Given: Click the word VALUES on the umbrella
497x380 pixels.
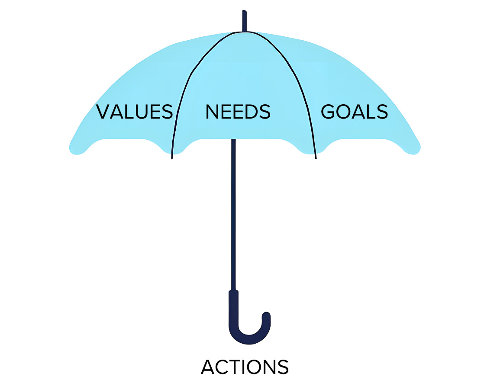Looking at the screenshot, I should click(x=134, y=112).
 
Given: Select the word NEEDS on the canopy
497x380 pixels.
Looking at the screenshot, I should click(x=238, y=112).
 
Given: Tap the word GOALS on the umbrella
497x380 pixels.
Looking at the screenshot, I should click(x=354, y=112).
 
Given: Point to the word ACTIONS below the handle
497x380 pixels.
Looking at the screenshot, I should click(x=245, y=367).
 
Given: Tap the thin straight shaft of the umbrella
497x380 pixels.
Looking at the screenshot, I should click(x=234, y=216).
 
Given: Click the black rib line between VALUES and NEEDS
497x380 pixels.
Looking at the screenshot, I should click(x=178, y=108).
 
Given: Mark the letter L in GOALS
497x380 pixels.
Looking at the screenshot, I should click(x=369, y=112).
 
